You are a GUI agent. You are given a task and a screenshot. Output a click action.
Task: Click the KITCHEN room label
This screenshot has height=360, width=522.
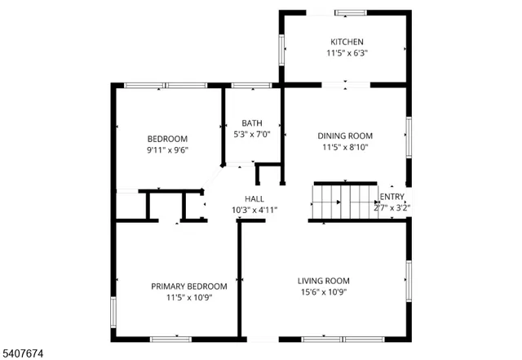click(x=347, y=42)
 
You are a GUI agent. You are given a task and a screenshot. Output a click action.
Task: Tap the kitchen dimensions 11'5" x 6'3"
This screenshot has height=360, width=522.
click(x=346, y=54)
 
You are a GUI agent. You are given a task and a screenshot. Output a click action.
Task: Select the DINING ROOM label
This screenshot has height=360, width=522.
click(x=345, y=136)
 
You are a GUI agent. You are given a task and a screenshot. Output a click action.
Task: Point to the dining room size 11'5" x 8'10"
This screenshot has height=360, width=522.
click(x=345, y=148)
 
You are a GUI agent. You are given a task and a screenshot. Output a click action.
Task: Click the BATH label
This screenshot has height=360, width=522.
click(x=251, y=123)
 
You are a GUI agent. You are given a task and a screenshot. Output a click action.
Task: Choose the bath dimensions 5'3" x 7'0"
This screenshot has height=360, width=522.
click(x=251, y=135)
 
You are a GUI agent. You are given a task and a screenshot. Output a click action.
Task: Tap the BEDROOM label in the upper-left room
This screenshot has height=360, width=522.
click(x=167, y=138)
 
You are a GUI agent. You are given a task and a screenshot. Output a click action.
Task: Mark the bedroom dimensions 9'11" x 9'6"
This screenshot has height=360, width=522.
click(x=167, y=150)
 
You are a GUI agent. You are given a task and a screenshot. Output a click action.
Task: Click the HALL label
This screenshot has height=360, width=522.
click(x=254, y=198)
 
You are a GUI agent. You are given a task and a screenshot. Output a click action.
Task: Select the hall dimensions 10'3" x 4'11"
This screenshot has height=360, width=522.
click(x=254, y=210)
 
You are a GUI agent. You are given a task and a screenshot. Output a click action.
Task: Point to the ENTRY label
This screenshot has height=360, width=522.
click(x=391, y=196)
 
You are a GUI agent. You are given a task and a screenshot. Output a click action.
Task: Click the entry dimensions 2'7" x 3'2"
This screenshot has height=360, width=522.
click(x=391, y=207)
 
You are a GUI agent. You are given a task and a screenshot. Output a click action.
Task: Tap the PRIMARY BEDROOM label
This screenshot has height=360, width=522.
click(x=189, y=286)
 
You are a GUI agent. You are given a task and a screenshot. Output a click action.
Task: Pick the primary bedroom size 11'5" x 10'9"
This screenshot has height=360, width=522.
click(x=189, y=298)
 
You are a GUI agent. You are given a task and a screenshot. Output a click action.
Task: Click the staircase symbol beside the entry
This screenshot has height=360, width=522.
click(x=343, y=202)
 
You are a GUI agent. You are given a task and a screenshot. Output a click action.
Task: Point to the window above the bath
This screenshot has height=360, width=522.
click(x=251, y=85)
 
